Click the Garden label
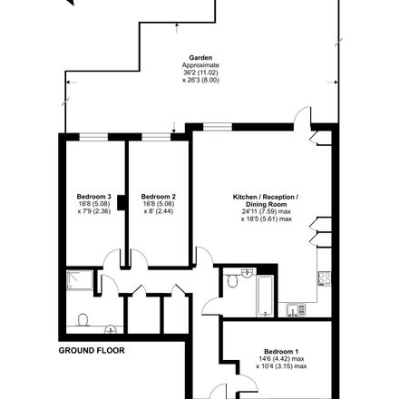[x=200, y=57]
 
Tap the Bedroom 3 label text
[x=94, y=197]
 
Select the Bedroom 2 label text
[x=159, y=197]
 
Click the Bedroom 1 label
[x=281, y=352]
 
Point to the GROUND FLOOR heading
[x=92, y=351]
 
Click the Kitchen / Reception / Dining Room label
[x=266, y=200]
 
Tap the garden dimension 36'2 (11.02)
[x=200, y=73]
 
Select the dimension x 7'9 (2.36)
[x=94, y=211]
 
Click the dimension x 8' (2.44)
[x=159, y=211]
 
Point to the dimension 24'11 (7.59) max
[x=266, y=211]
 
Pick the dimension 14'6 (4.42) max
[x=281, y=359]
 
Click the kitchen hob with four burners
[x=325, y=278]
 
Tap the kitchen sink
[x=296, y=310]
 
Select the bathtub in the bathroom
[x=265, y=296]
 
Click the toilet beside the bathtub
[x=232, y=281]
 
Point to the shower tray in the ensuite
[x=80, y=280]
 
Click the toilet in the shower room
[x=83, y=320]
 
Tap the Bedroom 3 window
[x=93, y=137]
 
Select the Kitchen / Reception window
[x=218, y=127]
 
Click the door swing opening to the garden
[x=303, y=115]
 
